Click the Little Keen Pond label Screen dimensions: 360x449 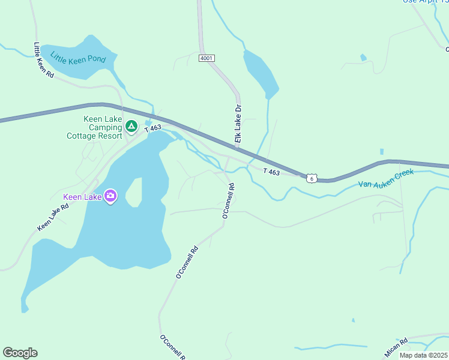tap(78, 59)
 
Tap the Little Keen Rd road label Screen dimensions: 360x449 tap(44, 60)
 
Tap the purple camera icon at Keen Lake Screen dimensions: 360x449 tap(110, 196)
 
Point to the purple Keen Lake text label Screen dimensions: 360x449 tap(82, 196)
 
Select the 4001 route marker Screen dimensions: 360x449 tap(206, 58)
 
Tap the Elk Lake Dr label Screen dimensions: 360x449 tap(238, 124)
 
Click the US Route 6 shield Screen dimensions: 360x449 tap(311, 178)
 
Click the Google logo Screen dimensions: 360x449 tap(20, 353)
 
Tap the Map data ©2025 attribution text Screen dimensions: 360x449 tap(423, 355)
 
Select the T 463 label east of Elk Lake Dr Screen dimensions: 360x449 tap(271, 172)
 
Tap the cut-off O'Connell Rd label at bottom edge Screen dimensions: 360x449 tap(172, 347)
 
